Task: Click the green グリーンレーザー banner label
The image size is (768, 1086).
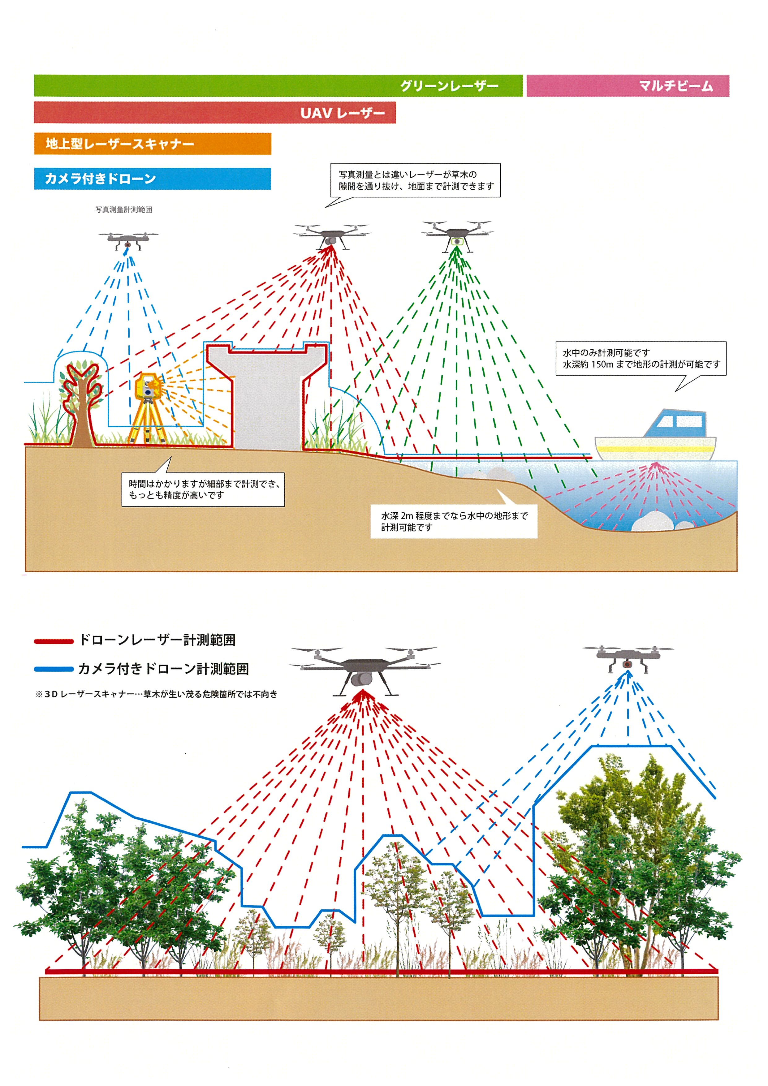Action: pos(449,86)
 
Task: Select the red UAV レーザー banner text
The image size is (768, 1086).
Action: pos(343,113)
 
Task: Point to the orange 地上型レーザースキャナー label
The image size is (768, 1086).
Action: pos(120,144)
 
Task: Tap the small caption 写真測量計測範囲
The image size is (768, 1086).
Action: pos(124,209)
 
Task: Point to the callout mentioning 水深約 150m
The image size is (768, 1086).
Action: pos(641,359)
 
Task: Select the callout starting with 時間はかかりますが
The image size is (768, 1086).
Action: pos(203,489)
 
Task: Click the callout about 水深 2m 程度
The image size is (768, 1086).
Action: pos(454,521)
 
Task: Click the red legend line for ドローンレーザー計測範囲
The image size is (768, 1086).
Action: pos(54,641)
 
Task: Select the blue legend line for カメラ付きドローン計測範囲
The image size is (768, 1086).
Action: pos(54,669)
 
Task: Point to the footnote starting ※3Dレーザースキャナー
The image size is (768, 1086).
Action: pos(156,694)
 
